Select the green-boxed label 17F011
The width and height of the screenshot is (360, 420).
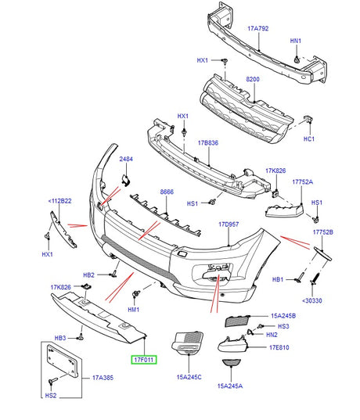(145, 361)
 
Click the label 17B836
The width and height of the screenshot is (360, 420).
(208, 143)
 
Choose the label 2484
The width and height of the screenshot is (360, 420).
(125, 159)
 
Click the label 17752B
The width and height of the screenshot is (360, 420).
(324, 232)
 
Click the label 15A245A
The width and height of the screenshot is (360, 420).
(231, 386)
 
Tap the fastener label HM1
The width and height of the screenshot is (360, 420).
(133, 310)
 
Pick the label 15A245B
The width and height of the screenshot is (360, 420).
(283, 315)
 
